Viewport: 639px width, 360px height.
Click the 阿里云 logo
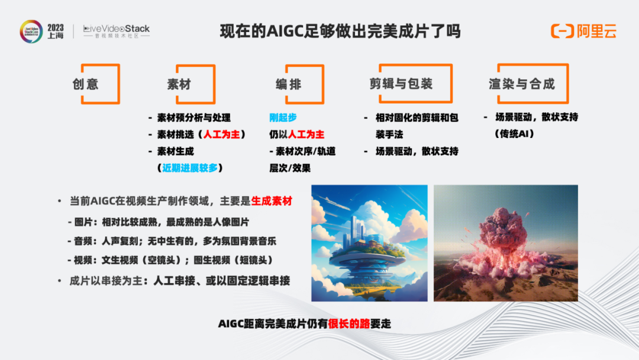tap(583, 31)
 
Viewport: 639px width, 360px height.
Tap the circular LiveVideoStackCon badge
tap(31, 31)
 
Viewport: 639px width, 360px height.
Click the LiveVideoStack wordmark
tap(116, 31)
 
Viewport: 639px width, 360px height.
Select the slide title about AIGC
tap(340, 31)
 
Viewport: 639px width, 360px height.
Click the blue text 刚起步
tap(283, 117)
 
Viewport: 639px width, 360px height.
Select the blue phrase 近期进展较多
tap(190, 168)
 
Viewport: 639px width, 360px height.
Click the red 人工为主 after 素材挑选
tap(222, 134)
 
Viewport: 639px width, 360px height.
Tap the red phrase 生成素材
tap(272, 201)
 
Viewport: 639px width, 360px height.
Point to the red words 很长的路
tap(349, 324)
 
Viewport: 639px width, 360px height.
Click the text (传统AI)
tap(514, 134)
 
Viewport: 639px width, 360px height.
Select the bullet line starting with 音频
tap(172, 241)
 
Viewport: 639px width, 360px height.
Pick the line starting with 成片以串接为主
tap(179, 281)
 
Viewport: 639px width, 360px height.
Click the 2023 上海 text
tap(56, 31)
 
